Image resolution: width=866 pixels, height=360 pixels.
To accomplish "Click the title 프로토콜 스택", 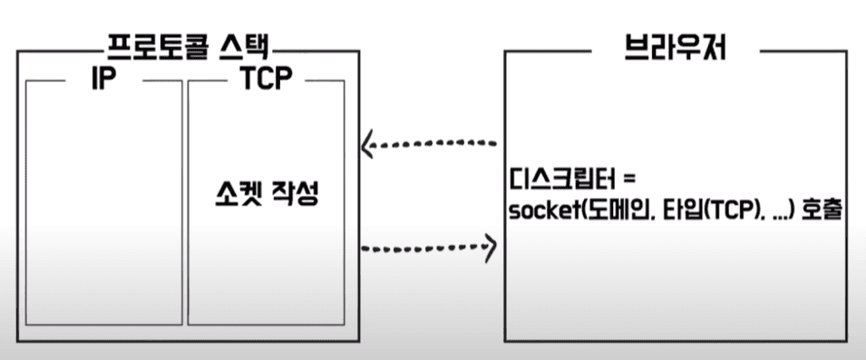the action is point(188,49).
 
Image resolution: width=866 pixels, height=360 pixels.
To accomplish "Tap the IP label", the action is point(103,80).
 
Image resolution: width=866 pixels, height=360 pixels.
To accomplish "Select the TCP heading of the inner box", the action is point(267,80).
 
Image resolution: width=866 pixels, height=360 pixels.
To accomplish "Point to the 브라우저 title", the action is point(675,49).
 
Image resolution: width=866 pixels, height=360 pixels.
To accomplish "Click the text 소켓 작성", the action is point(267,195).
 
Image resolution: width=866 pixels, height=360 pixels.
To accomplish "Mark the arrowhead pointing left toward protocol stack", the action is point(367,146).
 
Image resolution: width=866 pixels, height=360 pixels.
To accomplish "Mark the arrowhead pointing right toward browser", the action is point(490,247).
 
